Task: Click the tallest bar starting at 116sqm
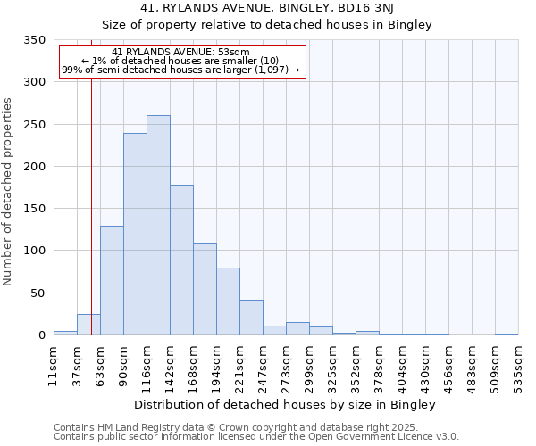tap(158, 225)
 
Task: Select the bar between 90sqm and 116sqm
tap(135, 234)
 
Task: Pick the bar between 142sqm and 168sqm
tap(181, 260)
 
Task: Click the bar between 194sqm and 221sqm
tap(228, 301)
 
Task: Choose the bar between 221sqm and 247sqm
tap(251, 318)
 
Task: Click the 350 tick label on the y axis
tap(34, 40)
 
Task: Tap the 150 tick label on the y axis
tap(34, 209)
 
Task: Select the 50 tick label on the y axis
tap(38, 293)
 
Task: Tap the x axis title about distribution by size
tap(286, 405)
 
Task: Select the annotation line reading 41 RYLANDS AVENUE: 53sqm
tap(182, 53)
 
